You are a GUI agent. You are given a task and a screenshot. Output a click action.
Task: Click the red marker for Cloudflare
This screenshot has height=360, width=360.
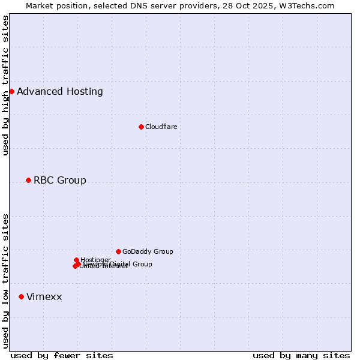(141, 127)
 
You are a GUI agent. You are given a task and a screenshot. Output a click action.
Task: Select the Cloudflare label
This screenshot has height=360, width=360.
(161, 127)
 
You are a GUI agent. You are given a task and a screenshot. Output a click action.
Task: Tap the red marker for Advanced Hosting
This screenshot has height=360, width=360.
(11, 91)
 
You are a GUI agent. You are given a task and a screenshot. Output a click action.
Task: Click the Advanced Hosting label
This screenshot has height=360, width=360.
(60, 91)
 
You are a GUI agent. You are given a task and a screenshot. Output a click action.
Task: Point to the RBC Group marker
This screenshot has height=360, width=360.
(28, 180)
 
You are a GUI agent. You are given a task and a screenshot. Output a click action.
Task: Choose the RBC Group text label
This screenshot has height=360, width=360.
(60, 180)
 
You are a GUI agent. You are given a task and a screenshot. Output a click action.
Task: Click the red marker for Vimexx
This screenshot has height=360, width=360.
(21, 296)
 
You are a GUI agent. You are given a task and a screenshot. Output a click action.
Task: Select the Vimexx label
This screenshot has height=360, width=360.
(44, 296)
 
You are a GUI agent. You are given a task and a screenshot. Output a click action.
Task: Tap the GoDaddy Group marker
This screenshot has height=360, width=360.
(118, 251)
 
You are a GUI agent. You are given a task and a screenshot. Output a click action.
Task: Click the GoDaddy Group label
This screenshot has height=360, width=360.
(148, 251)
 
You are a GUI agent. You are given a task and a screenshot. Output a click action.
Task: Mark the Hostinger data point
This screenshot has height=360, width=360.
(76, 260)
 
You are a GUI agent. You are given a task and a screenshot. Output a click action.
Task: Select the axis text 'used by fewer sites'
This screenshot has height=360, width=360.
(62, 355)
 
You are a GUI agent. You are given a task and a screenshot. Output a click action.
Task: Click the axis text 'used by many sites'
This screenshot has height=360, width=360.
(301, 355)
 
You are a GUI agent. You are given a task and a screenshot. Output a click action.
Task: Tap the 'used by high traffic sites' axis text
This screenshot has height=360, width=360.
(6, 85)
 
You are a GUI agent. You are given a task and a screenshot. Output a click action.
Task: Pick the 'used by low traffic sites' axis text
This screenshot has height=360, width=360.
(6, 280)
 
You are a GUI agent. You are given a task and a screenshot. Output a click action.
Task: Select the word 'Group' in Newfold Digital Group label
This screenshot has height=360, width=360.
(142, 264)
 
